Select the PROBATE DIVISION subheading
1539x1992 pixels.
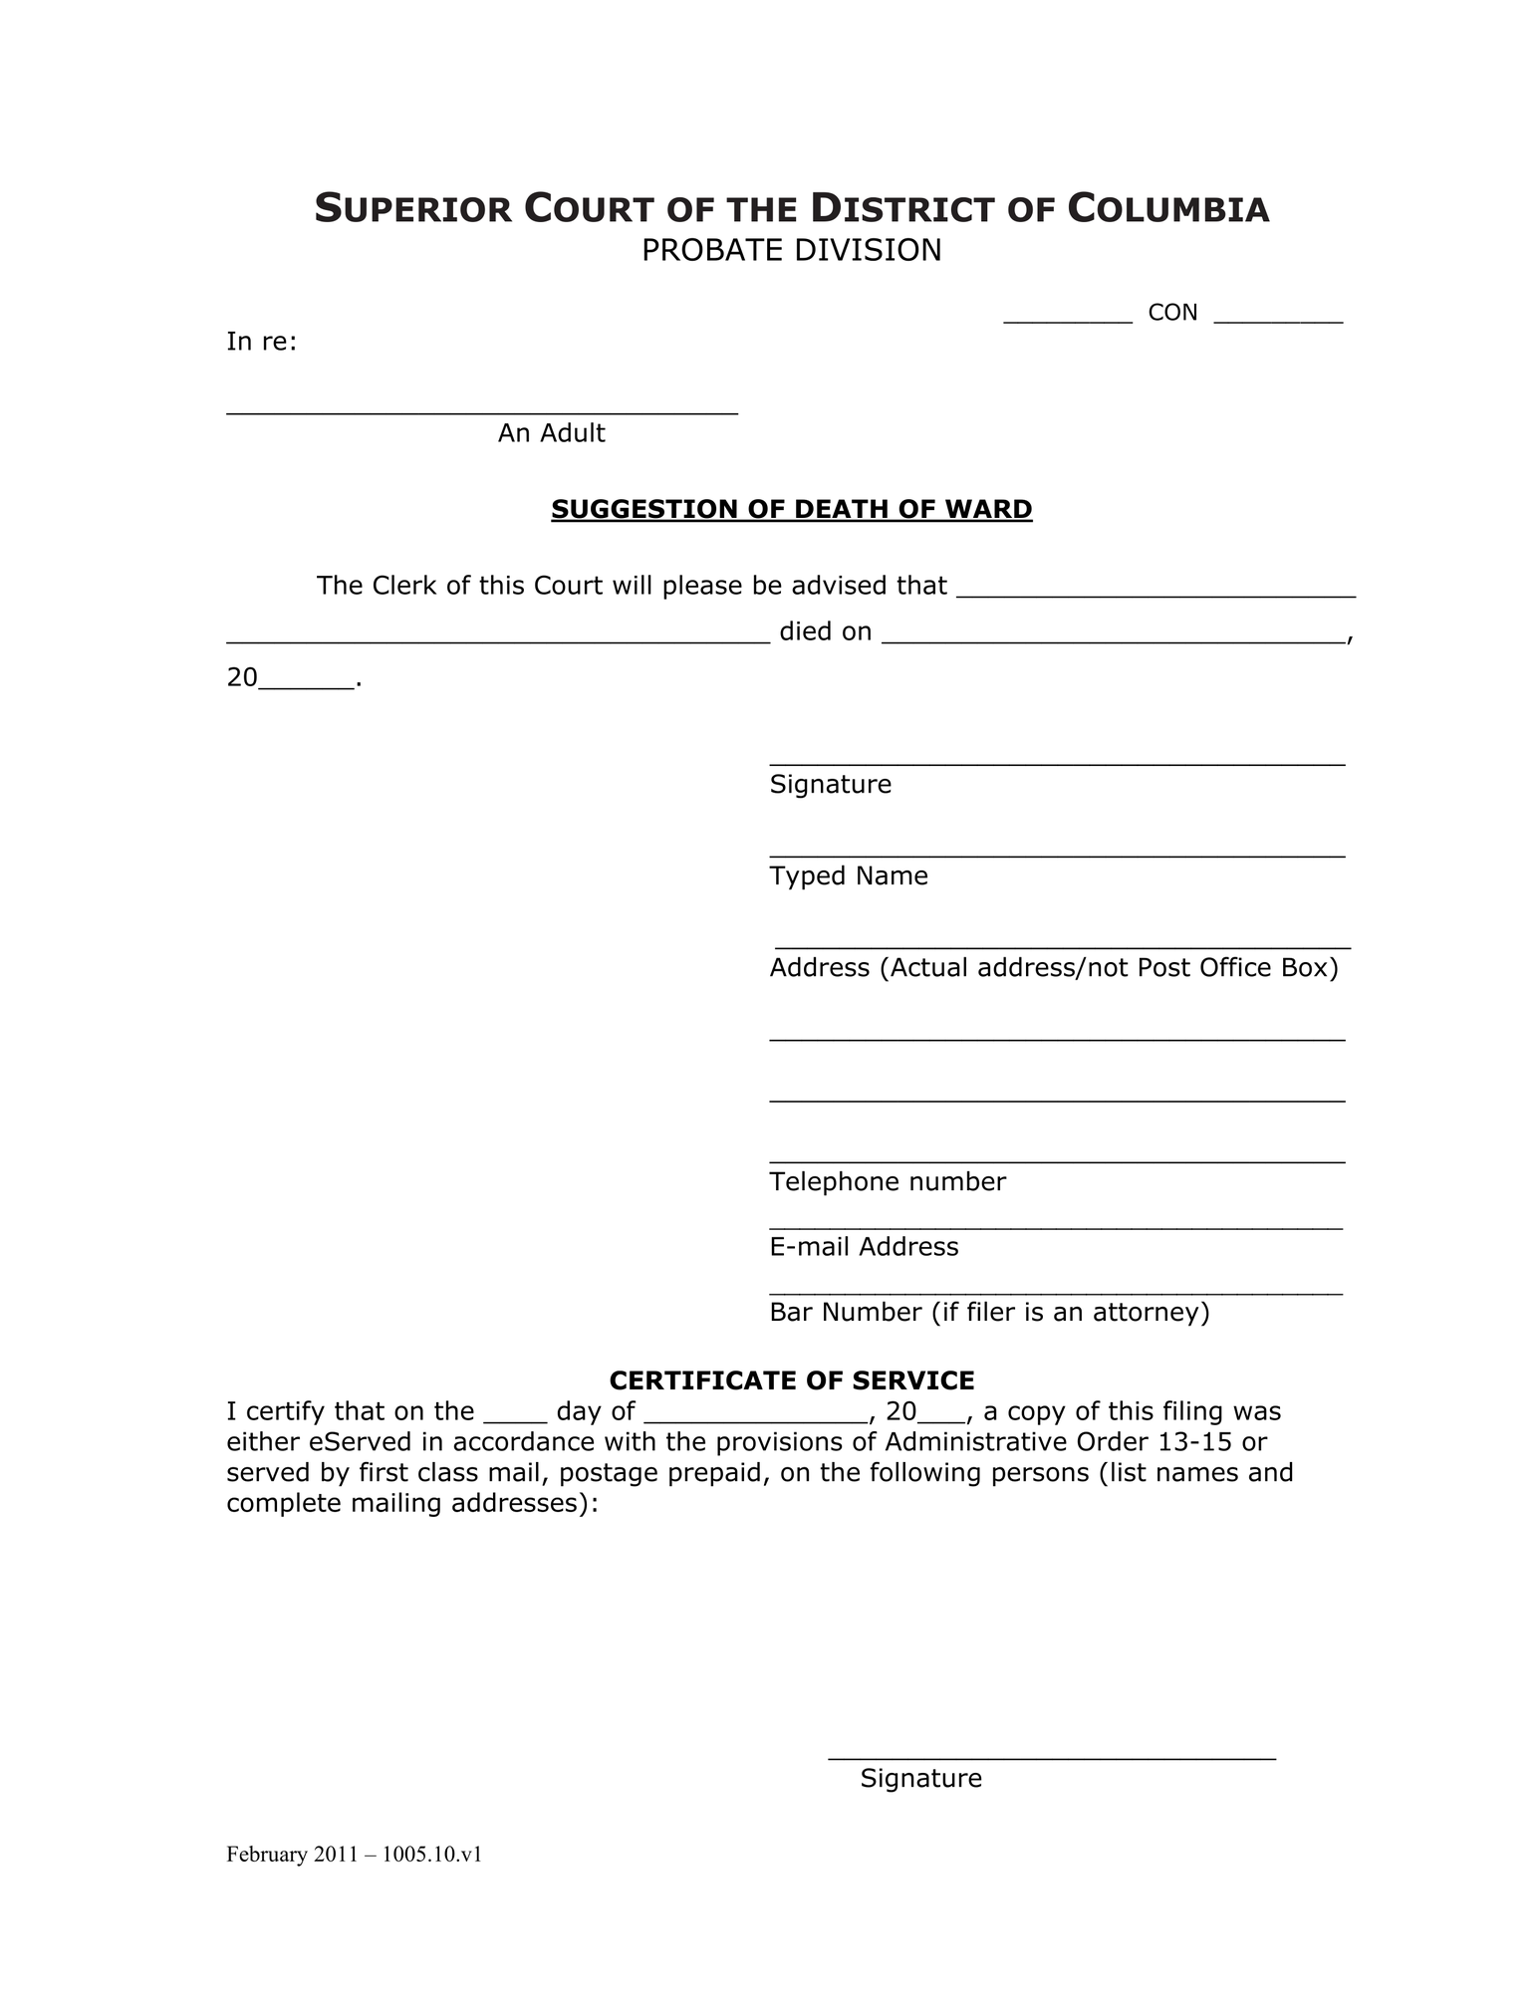tap(791, 250)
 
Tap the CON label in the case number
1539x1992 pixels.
tap(1172, 313)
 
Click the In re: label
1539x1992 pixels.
tap(262, 342)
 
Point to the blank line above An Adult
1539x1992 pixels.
tap(482, 409)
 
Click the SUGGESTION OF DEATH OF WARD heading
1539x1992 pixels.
tap(791, 509)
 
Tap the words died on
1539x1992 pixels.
tap(825, 631)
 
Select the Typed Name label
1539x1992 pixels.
tap(849, 875)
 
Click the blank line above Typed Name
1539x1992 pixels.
tap(1056, 854)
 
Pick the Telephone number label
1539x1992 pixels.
tap(888, 1181)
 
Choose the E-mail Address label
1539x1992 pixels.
tap(864, 1247)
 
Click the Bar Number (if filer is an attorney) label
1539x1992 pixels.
tap(989, 1312)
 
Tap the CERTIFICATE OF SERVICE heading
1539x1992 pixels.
tap(791, 1380)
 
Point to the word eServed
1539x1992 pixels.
tap(354, 1441)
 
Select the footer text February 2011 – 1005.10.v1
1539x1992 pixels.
tap(354, 1855)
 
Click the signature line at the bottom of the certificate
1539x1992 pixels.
tap(1052, 1758)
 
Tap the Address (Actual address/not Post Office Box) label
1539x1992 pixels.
tap(1054, 967)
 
